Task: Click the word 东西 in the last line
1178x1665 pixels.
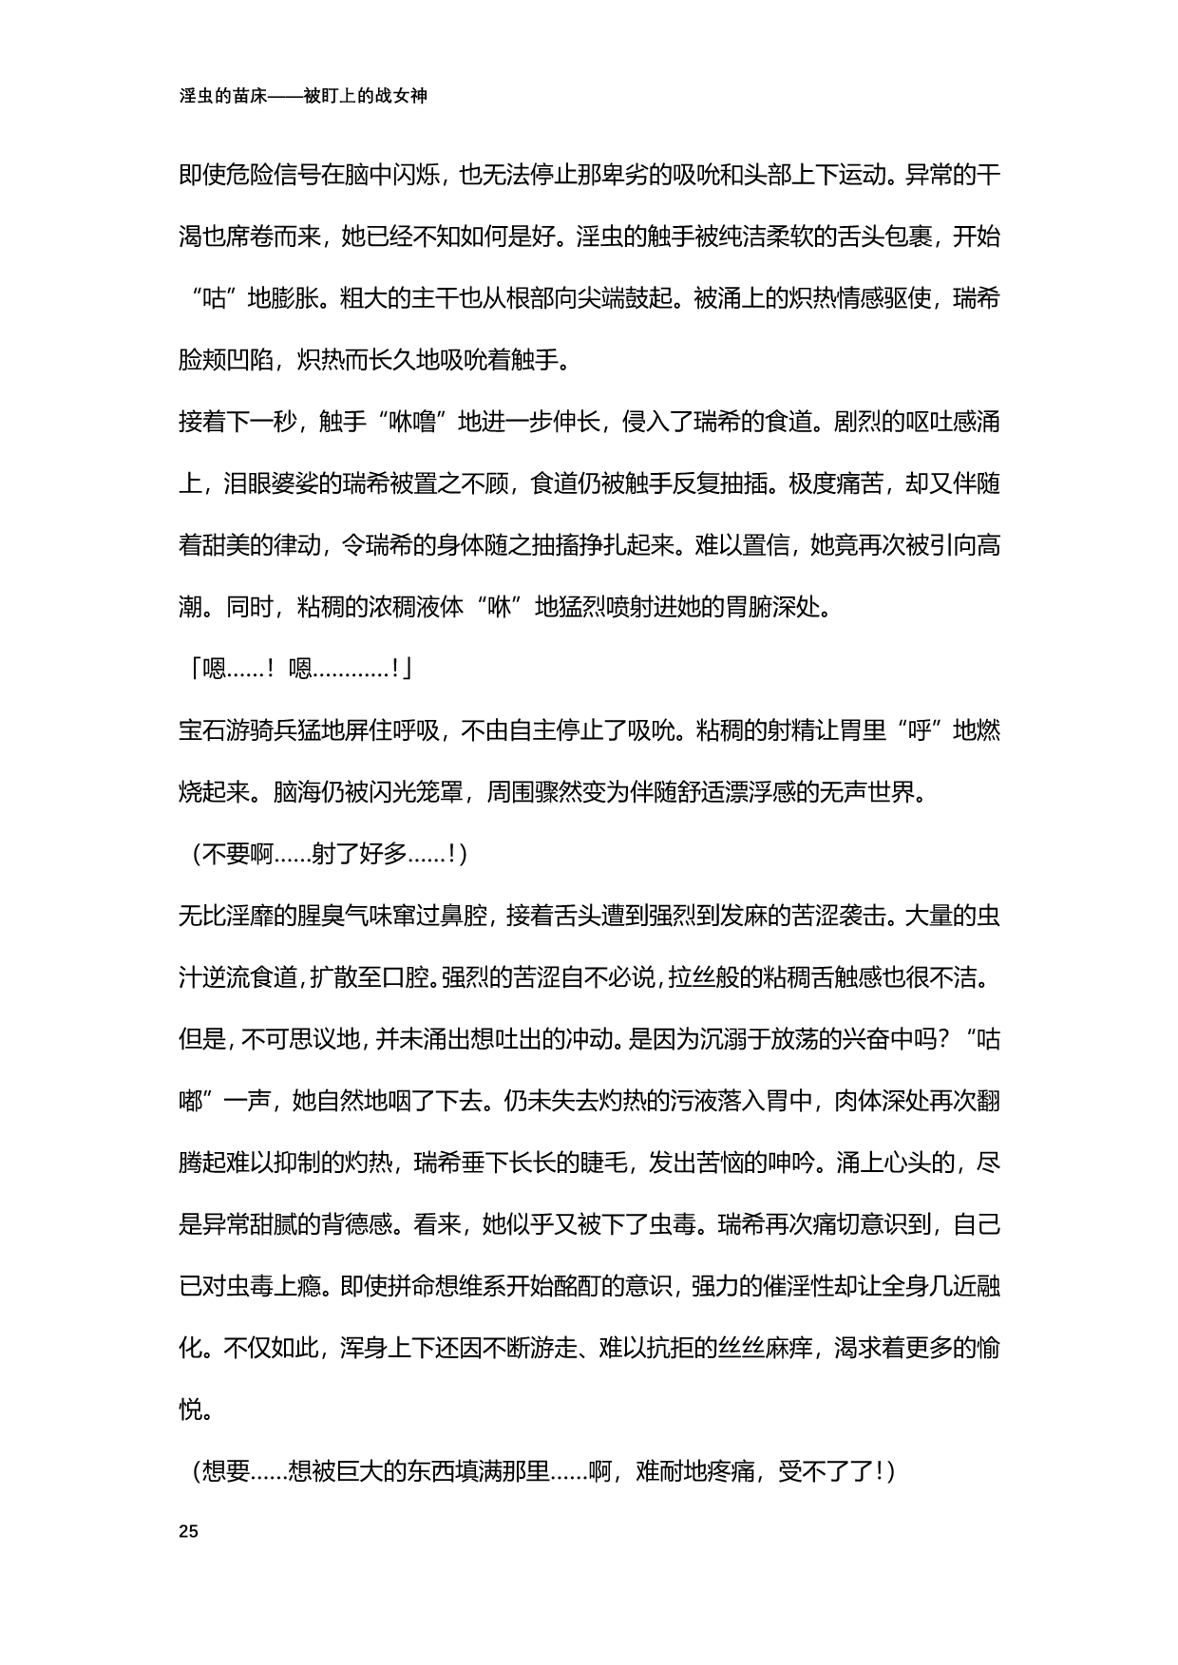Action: (433, 1471)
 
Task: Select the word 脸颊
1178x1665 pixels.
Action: (201, 360)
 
